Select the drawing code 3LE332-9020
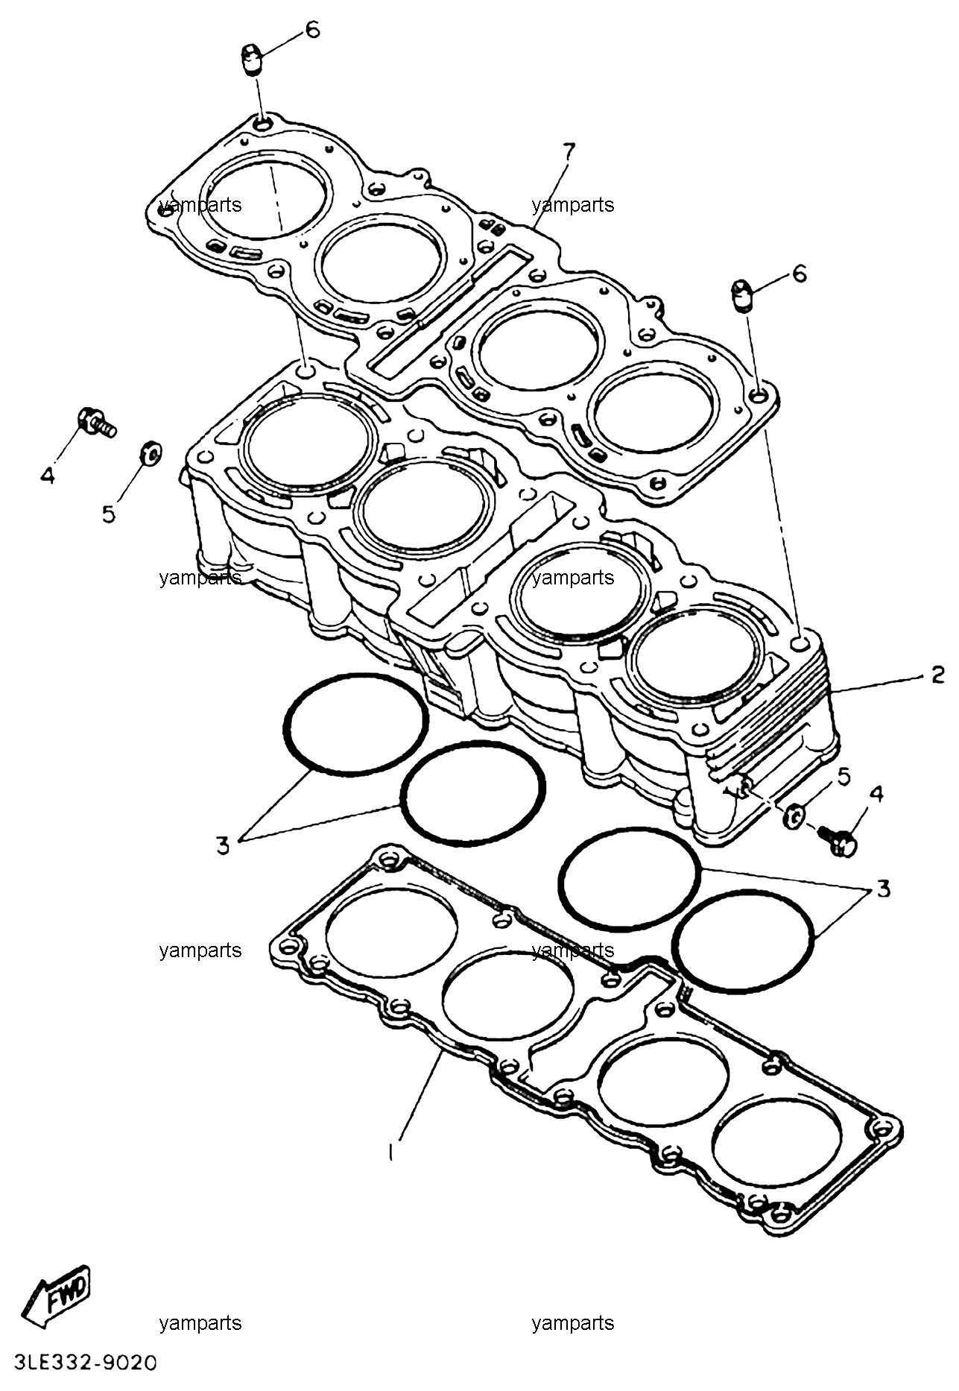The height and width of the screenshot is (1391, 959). click(x=80, y=1363)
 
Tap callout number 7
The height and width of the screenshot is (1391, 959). click(x=569, y=152)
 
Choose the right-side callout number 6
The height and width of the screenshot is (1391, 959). click(x=799, y=274)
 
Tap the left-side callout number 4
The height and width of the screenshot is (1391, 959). click(x=48, y=474)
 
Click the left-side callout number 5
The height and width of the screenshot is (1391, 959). click(x=110, y=514)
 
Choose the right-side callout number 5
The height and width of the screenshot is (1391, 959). click(x=844, y=776)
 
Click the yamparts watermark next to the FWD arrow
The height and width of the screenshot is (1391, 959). click(x=200, y=1322)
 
